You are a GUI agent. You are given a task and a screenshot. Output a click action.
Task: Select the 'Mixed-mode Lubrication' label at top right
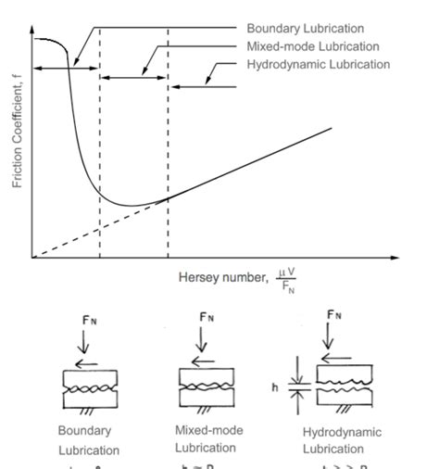click(312, 46)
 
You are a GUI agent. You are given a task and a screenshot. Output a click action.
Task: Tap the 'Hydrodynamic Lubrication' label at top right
click(319, 65)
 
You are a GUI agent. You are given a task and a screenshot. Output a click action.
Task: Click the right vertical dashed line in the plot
click(168, 139)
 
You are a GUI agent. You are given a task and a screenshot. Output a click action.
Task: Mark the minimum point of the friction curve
click(130, 205)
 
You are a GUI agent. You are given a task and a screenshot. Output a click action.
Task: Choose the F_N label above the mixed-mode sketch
click(207, 318)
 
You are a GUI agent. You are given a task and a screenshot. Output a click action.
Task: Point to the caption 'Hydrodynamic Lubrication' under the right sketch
click(342, 440)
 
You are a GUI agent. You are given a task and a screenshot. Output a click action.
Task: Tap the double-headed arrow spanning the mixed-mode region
click(133, 78)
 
